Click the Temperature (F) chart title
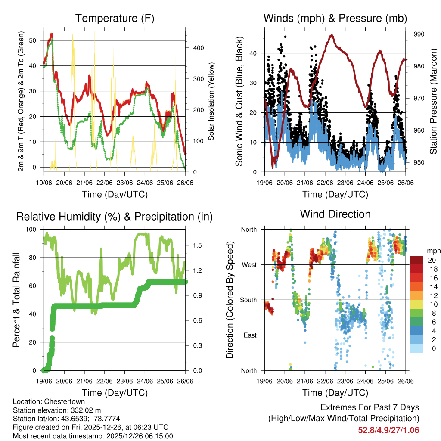(115, 18)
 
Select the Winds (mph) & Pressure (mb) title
(335, 18)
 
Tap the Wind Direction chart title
(335, 214)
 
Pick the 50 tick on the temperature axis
(37, 40)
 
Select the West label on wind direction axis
(248, 264)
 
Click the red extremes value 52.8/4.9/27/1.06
(388, 430)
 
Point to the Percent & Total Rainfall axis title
(16, 300)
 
